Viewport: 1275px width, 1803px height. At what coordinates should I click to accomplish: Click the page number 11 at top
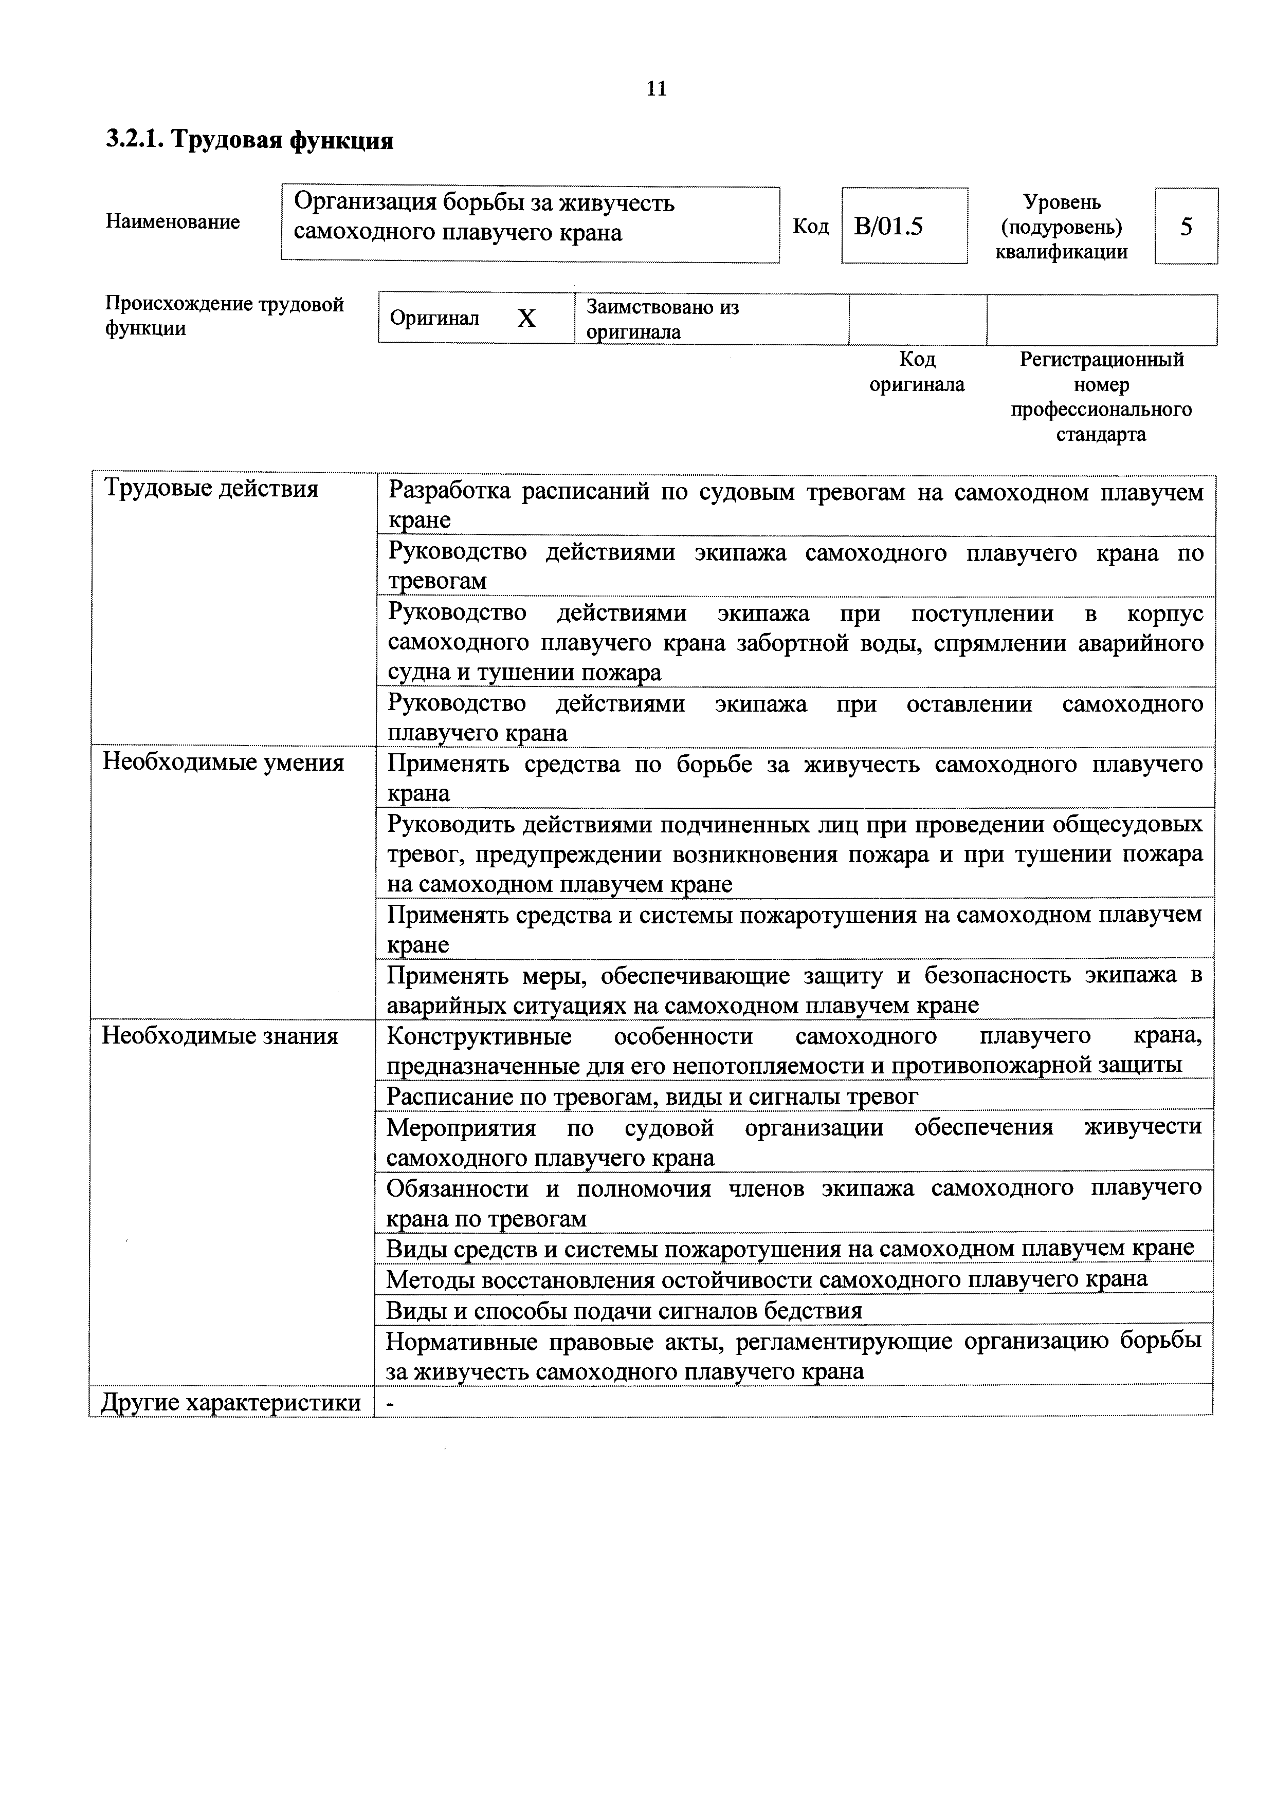point(656,89)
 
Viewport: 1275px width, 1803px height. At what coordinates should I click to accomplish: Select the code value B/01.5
point(888,227)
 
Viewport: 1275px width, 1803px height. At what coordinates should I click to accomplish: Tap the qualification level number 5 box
point(1186,227)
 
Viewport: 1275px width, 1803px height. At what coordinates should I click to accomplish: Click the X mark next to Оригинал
point(526,318)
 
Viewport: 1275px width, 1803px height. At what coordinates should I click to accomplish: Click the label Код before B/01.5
point(810,227)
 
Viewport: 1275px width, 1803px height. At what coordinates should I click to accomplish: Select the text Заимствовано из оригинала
point(662,319)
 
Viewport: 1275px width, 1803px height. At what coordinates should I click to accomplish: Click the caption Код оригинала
point(917,372)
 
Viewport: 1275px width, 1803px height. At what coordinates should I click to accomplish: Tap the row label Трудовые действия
point(211,489)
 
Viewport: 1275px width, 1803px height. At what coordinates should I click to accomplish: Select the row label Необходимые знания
point(220,1036)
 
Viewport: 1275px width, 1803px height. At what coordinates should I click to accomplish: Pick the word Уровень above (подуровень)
point(1062,202)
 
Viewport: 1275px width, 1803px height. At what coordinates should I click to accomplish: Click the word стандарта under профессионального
point(1101,434)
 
